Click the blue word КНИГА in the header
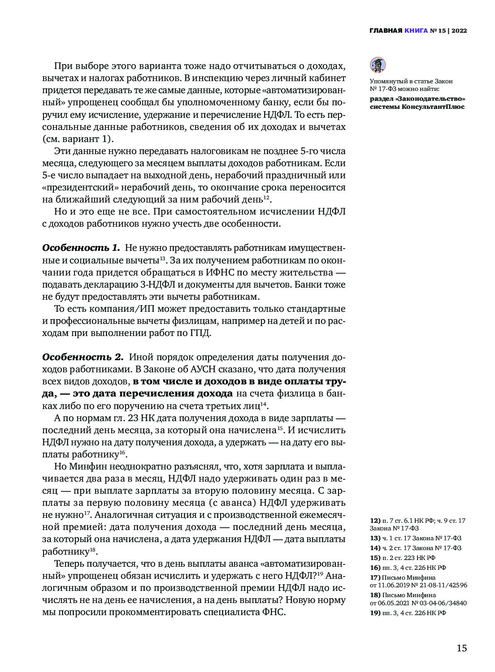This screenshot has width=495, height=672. click(x=416, y=31)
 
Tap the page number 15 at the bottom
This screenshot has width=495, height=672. click(x=461, y=648)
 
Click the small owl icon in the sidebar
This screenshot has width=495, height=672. click(x=378, y=65)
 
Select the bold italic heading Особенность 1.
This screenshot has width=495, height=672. click(x=81, y=248)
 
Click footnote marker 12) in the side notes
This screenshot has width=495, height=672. click(x=375, y=521)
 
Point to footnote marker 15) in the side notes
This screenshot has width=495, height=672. click(x=375, y=558)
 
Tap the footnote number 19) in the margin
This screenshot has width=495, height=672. click(x=375, y=613)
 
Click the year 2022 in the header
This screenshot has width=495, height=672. click(x=459, y=31)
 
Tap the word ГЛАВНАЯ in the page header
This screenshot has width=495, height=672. click(x=386, y=31)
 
